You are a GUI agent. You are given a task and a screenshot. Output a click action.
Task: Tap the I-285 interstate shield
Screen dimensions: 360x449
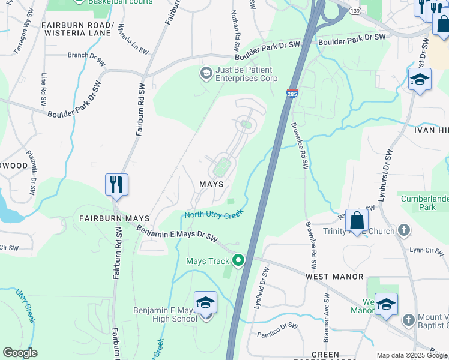(x=292, y=94)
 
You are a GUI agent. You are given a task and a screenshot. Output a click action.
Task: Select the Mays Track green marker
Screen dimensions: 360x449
(x=238, y=260)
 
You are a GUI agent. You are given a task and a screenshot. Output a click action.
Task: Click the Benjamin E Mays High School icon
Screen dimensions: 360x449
(x=205, y=303)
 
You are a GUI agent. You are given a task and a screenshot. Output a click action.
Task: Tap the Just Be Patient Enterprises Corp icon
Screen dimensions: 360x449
(x=206, y=73)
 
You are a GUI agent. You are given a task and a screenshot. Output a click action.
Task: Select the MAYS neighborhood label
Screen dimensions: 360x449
(x=211, y=184)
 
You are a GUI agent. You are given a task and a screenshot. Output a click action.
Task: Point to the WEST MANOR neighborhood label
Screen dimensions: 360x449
(x=334, y=277)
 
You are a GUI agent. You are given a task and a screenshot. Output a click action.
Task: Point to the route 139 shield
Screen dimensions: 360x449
(x=356, y=11)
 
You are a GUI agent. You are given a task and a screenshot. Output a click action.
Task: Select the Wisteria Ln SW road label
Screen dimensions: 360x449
(x=133, y=40)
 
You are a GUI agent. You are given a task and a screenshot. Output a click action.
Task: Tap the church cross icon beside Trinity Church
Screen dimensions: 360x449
(x=404, y=230)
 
